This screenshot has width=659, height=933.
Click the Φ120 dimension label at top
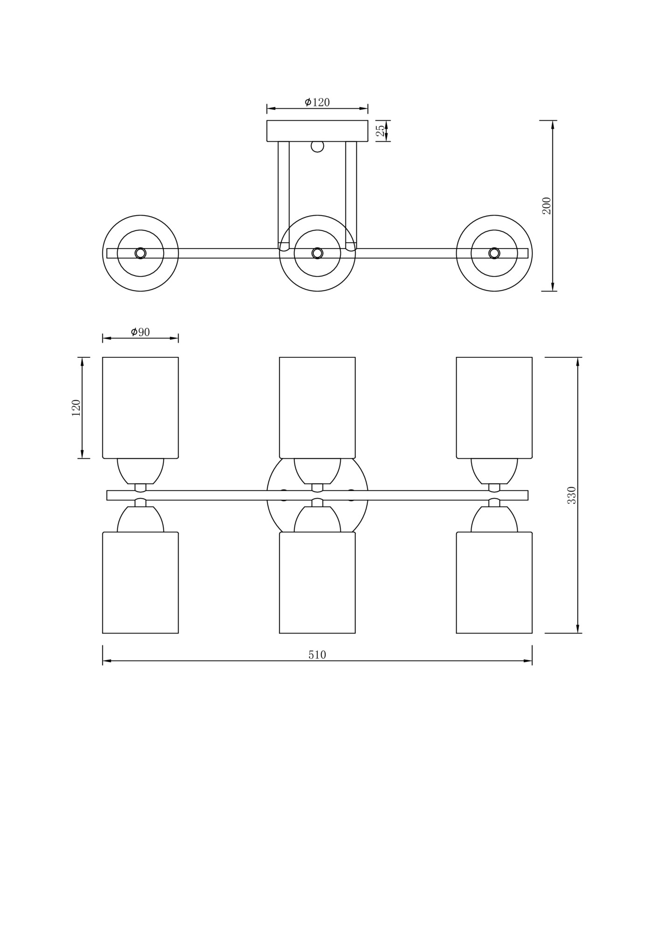[x=317, y=102]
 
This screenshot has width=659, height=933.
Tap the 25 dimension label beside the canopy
[x=381, y=131]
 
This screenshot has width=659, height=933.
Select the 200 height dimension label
[x=547, y=205]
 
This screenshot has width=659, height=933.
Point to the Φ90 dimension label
[x=140, y=332]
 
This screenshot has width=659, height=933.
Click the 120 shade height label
[x=76, y=408]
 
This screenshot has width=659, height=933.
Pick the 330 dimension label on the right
[x=572, y=495]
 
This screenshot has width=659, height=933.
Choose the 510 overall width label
[x=317, y=655]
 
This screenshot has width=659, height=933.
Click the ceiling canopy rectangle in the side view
[x=317, y=131]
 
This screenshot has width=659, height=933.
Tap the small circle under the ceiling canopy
[x=317, y=146]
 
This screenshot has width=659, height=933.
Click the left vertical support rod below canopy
[x=284, y=194]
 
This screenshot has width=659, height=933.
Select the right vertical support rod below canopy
[x=351, y=194]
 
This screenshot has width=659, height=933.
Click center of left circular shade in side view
[x=140, y=253]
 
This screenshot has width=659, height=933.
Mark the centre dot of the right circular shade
[x=494, y=253]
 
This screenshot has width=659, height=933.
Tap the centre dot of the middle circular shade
[x=317, y=253]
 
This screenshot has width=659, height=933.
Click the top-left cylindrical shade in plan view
[x=140, y=408]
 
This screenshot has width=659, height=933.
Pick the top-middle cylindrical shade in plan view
[x=317, y=408]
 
